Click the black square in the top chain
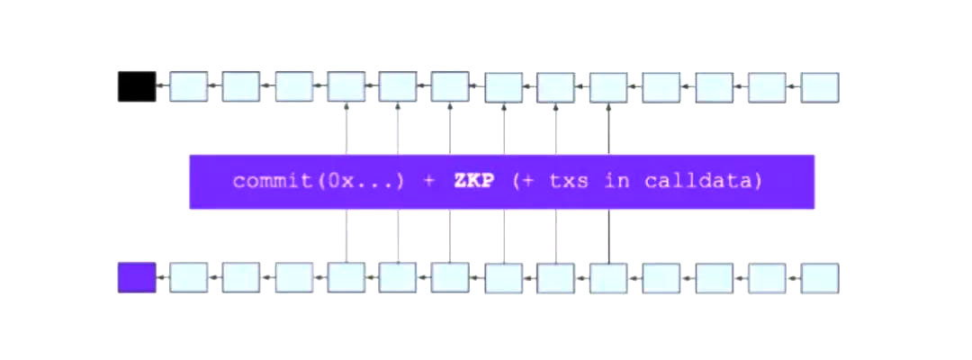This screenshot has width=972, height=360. point(137,86)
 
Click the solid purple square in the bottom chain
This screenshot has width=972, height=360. point(137,277)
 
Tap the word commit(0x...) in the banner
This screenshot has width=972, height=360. point(319,182)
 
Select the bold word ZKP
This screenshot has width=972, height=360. point(473,182)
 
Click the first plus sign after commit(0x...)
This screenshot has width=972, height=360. point(429,183)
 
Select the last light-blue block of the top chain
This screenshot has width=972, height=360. point(820,87)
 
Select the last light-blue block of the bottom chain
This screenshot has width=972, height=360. point(820,277)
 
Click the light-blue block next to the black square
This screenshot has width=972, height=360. point(188,86)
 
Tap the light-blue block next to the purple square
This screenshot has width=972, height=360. point(188,277)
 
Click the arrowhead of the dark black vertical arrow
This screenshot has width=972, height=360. point(608,106)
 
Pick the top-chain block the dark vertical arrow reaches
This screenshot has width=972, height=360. point(608,87)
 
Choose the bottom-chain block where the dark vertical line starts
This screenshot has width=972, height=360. point(608,277)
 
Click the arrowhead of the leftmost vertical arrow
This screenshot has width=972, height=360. point(346,106)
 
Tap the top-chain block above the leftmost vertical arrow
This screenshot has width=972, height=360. point(346,86)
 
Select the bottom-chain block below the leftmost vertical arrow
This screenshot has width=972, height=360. point(346,277)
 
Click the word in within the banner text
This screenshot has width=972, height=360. point(615,182)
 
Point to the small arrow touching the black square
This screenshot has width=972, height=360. point(162,85)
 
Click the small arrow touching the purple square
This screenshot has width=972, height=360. point(162,276)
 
